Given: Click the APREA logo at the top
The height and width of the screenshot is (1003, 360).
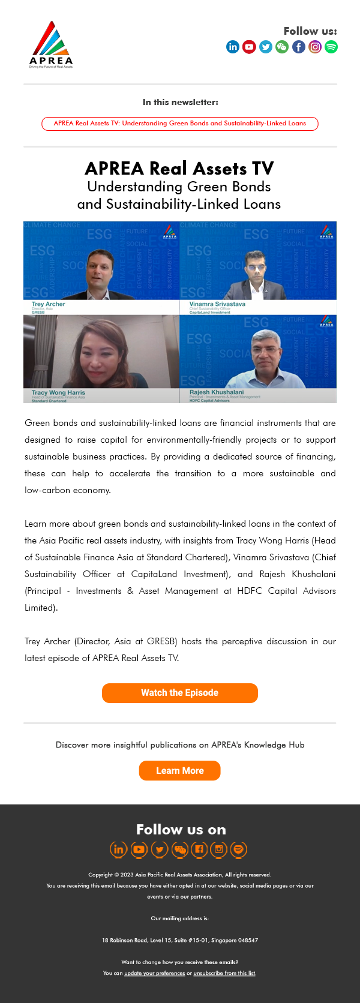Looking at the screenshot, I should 51,45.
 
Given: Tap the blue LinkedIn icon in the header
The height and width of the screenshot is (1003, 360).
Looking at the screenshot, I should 233,47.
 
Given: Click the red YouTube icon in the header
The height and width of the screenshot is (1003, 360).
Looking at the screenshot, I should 249,47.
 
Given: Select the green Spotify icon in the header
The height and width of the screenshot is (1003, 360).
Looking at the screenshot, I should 331,47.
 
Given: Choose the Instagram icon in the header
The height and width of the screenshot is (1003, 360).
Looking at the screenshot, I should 315,47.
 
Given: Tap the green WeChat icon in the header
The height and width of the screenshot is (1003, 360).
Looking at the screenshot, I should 282,47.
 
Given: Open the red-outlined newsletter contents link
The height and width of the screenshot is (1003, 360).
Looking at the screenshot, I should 180,124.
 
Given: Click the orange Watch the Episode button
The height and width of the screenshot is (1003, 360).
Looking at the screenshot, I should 180,693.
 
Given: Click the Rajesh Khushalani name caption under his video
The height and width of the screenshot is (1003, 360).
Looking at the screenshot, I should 217,392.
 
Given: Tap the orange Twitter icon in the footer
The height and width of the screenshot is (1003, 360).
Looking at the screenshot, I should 159,849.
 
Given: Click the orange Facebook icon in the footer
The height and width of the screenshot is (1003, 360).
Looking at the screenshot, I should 199,849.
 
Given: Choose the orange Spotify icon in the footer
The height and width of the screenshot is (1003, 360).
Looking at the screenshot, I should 239,849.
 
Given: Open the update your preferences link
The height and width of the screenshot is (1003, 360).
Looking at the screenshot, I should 154,973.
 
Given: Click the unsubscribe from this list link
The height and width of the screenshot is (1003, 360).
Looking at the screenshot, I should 224,973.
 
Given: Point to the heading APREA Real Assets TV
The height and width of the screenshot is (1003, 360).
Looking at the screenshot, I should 179,169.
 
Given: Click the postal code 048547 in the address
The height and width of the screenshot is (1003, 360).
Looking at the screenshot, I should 248,940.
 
